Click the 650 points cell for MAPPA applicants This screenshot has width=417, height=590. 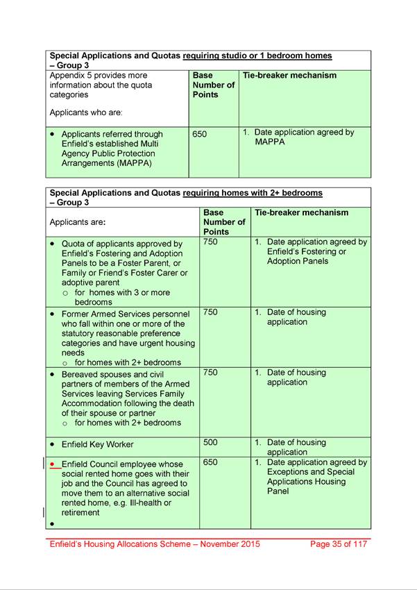tap(200, 134)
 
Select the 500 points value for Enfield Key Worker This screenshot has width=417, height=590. tap(210, 442)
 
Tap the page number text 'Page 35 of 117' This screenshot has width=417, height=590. tap(340, 544)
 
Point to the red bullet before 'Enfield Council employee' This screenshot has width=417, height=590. tap(53, 464)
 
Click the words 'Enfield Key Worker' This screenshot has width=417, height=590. tap(97, 444)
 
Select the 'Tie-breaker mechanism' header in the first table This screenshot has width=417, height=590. tap(290, 75)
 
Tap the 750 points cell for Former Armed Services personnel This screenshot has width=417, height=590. tap(211, 312)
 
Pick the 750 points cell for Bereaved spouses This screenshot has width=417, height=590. tap(211, 373)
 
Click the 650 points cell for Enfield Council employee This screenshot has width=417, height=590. tap(210, 462)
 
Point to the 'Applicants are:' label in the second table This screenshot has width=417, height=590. tap(78, 222)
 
